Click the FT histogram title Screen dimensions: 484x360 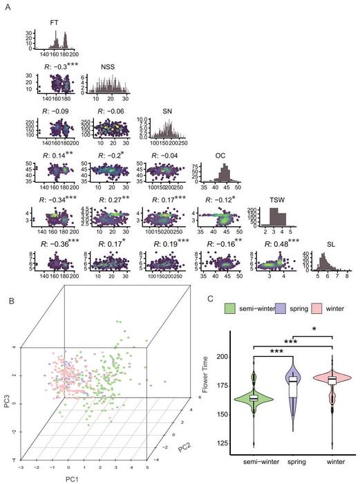click(55, 23)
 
